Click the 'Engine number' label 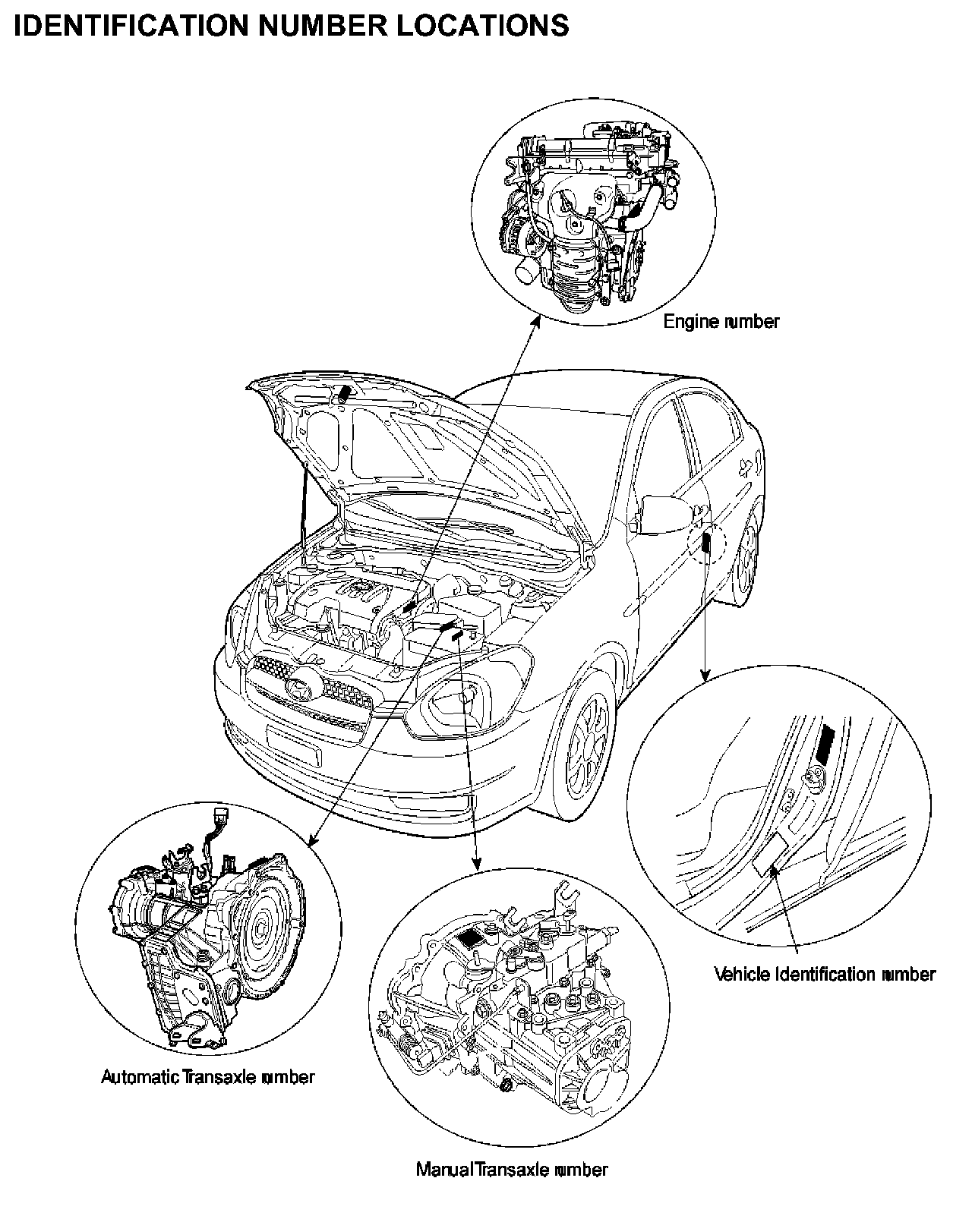[x=721, y=322]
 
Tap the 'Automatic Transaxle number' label [x=207, y=1077]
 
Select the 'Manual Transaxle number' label [x=512, y=1170]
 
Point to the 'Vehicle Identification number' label [x=825, y=974]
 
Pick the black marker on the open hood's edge [x=343, y=393]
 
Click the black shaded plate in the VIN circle [x=825, y=743]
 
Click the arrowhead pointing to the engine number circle [x=536, y=321]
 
